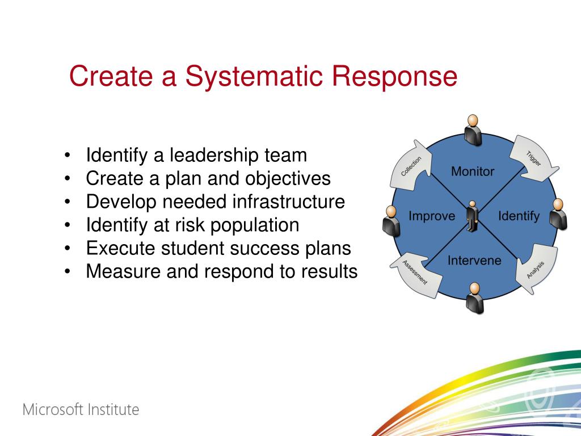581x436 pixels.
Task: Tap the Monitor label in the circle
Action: (x=473, y=171)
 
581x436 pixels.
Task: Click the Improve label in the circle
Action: (x=432, y=216)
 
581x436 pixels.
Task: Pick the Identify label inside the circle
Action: (x=519, y=216)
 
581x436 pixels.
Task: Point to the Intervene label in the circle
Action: (x=474, y=261)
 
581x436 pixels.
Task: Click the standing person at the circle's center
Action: (x=472, y=216)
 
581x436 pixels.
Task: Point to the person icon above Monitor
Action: (x=472, y=129)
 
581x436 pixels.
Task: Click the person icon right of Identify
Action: (x=558, y=214)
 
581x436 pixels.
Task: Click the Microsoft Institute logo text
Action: (x=81, y=409)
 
